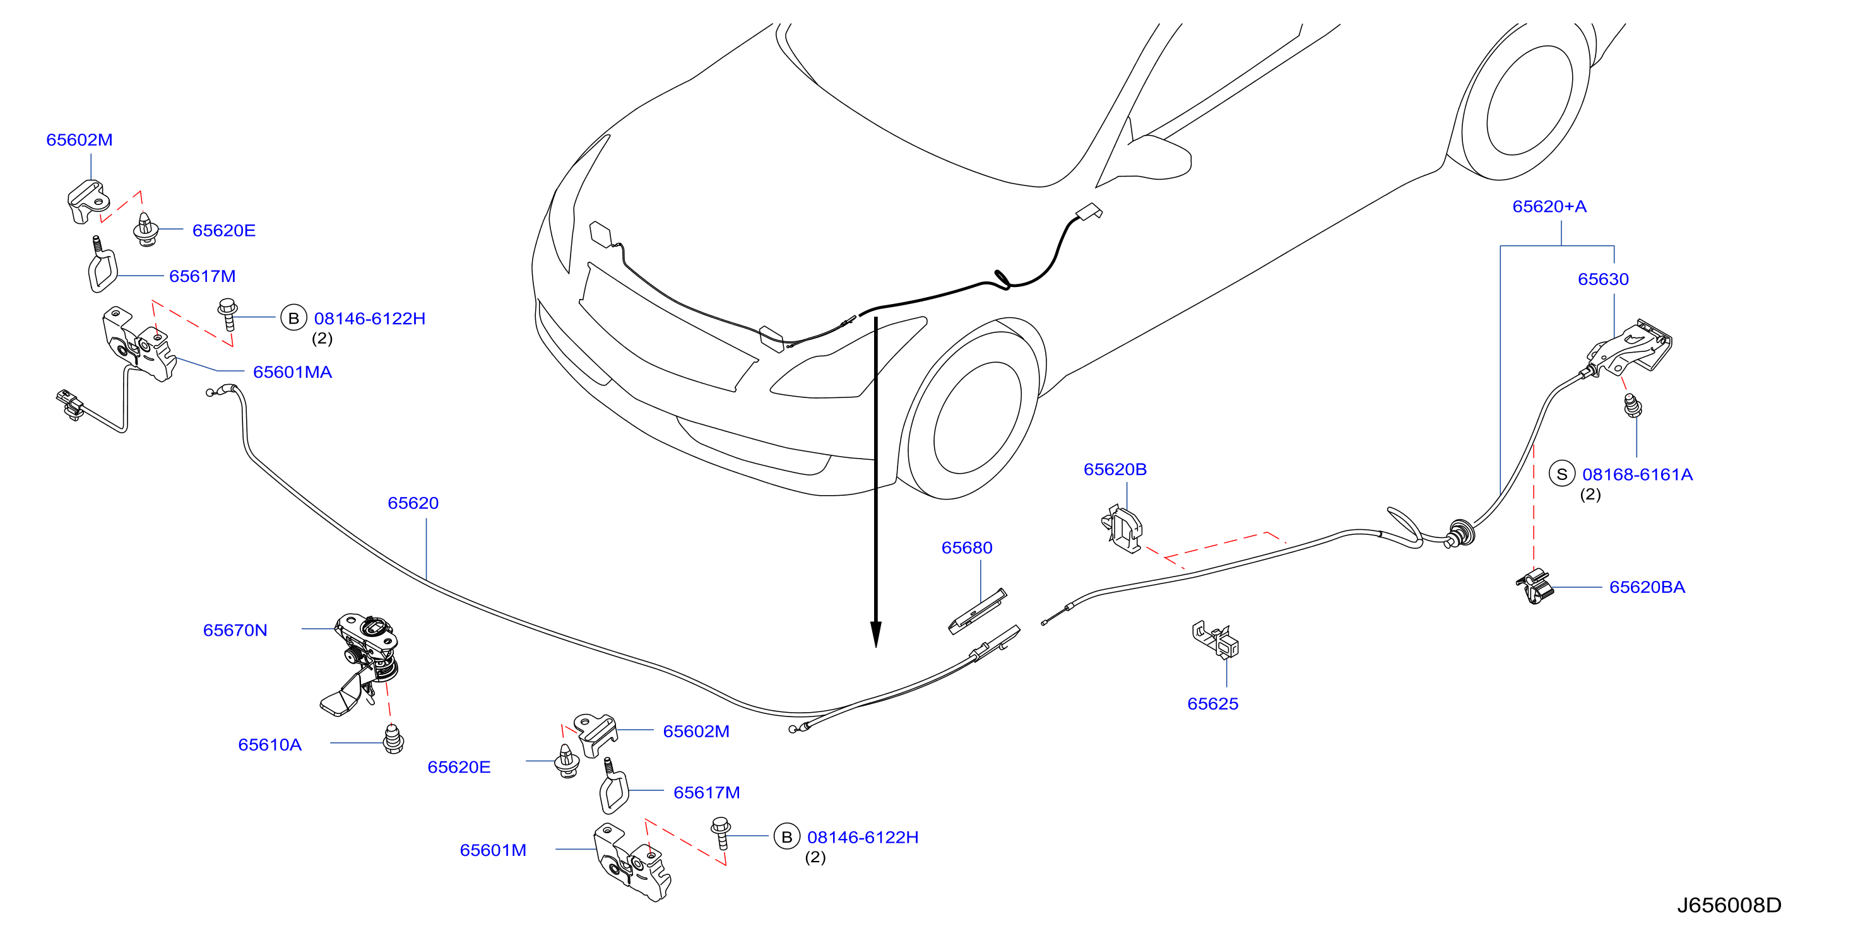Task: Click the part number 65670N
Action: tap(235, 631)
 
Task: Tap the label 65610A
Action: tap(269, 745)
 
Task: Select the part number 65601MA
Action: tap(292, 372)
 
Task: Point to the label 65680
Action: tap(967, 548)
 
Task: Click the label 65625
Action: tap(1213, 704)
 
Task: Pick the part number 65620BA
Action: tap(1647, 587)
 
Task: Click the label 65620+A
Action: tap(1549, 207)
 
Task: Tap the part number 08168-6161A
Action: tap(1637, 474)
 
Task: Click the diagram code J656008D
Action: tap(1729, 905)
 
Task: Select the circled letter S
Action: tap(1561, 474)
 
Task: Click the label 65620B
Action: tap(1115, 469)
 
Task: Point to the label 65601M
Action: tap(493, 850)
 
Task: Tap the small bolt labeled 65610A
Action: tap(393, 739)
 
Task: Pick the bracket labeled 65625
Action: tap(1216, 640)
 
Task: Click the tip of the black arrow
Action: tap(875, 647)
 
